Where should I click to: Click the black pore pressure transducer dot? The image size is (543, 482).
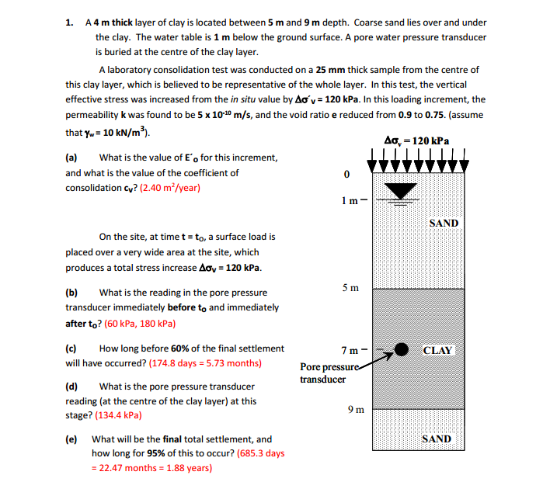point(404,349)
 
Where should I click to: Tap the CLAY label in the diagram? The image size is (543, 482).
point(437,350)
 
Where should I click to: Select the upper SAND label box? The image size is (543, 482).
point(444,223)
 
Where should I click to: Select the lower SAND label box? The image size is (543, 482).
point(436,439)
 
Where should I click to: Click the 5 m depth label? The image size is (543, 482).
point(350,289)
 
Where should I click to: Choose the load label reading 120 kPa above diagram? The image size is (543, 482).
point(419,140)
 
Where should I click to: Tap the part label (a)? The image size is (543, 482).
point(72,158)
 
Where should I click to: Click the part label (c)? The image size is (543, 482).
point(71,348)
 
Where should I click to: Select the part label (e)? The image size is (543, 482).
point(71,439)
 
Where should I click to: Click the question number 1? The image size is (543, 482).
point(69,23)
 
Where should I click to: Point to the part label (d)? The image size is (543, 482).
point(72,386)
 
